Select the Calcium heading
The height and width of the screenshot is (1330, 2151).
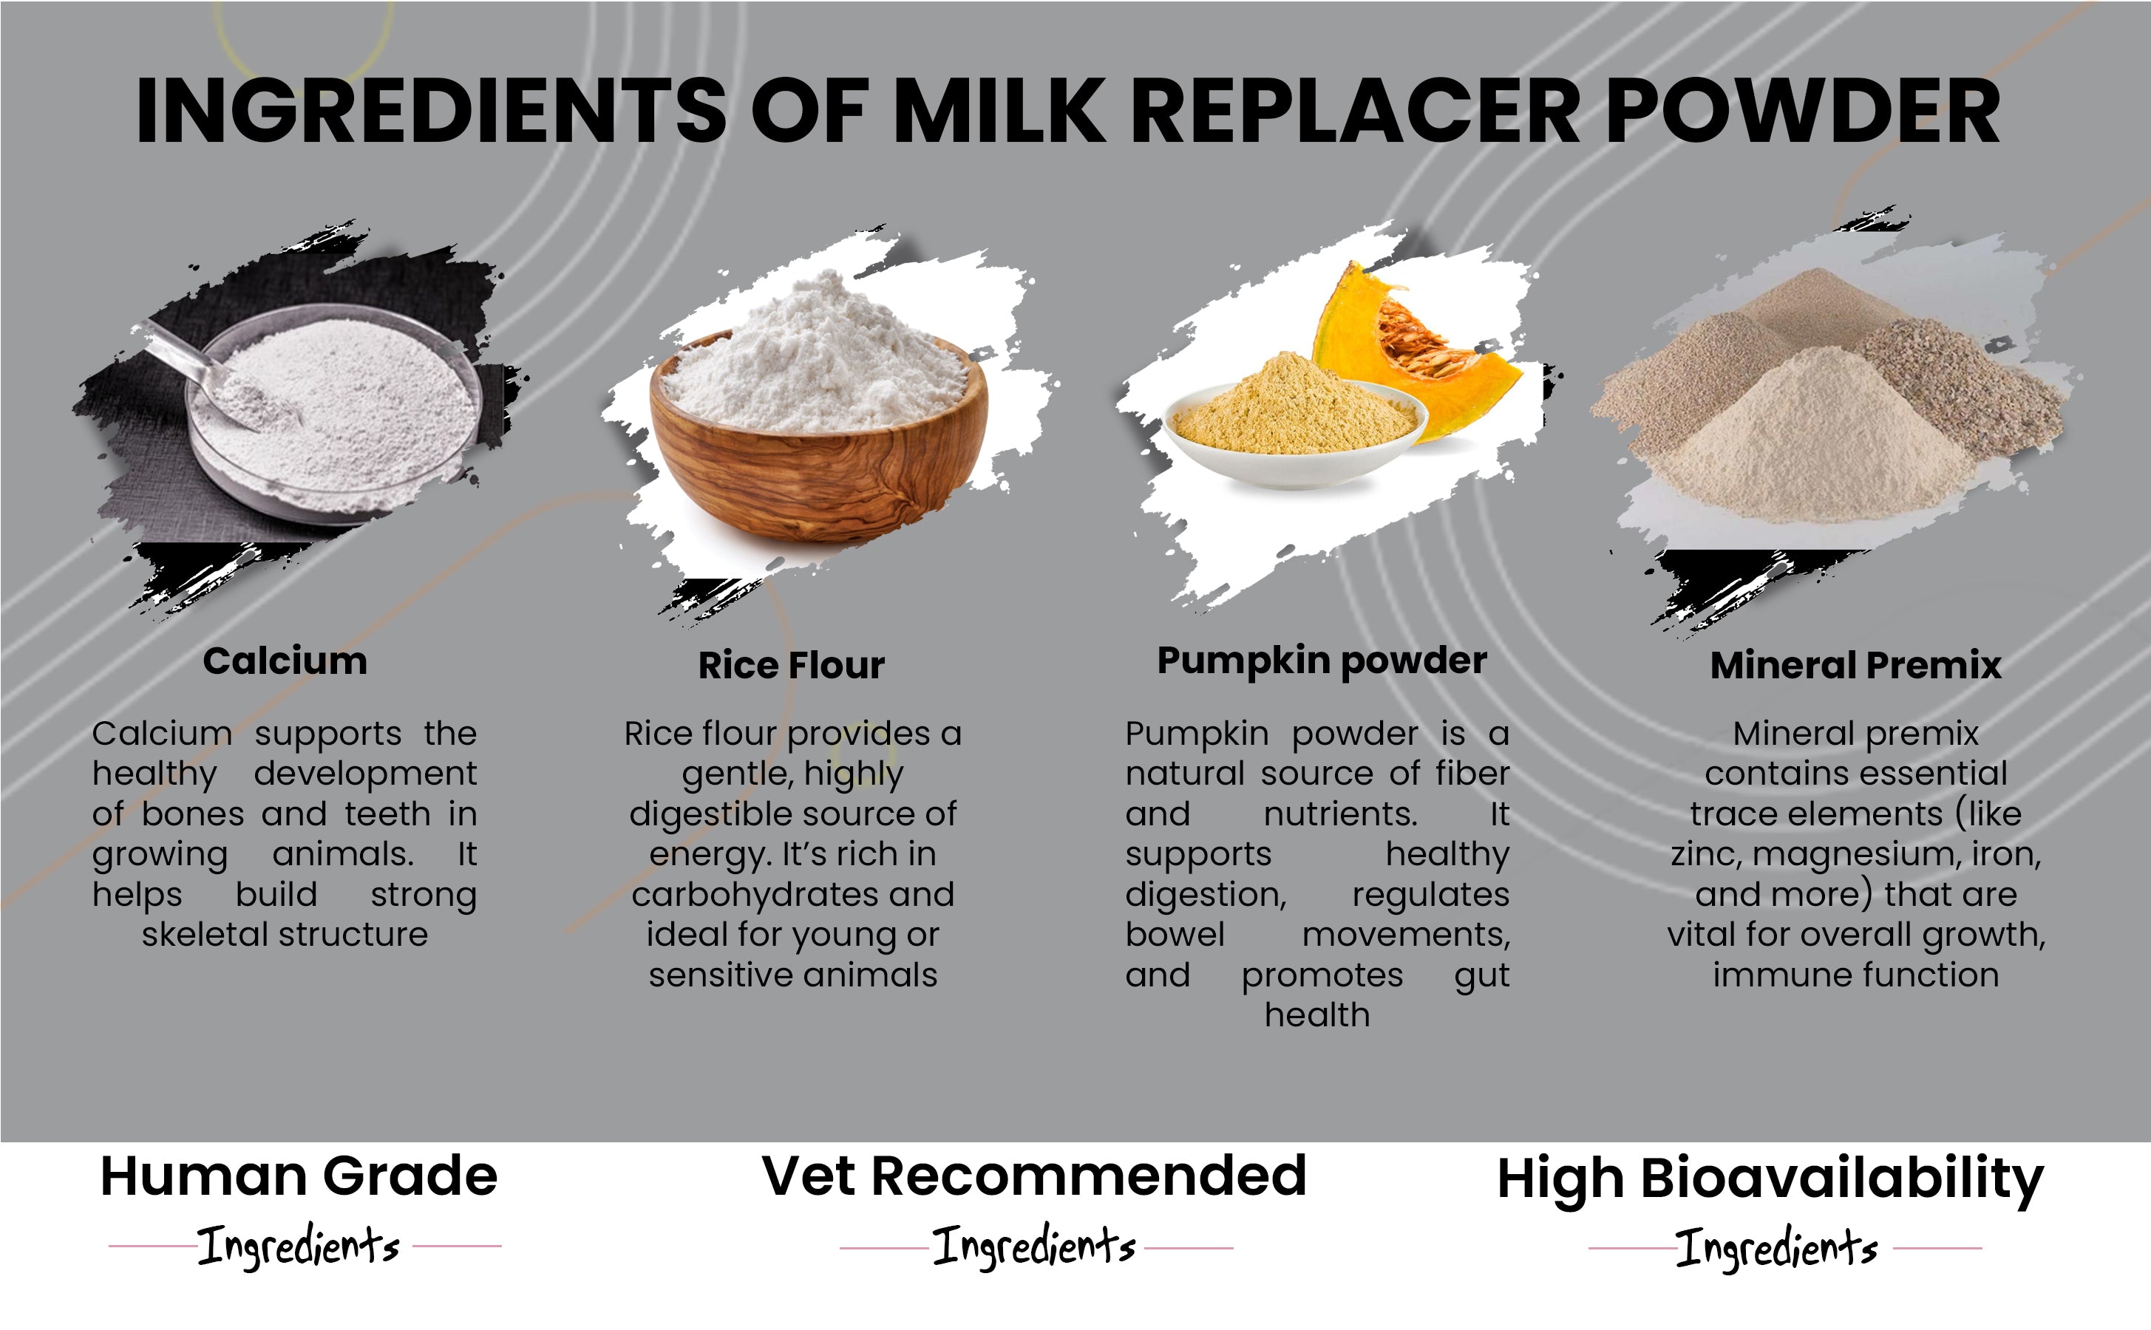pyautogui.click(x=285, y=661)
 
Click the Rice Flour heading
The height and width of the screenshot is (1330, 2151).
pyautogui.click(x=791, y=665)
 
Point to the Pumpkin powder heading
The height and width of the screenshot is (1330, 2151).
pyautogui.click(x=1322, y=661)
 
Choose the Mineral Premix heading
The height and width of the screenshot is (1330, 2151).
pyautogui.click(x=1855, y=665)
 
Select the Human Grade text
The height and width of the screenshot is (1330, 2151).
pyautogui.click(x=299, y=1177)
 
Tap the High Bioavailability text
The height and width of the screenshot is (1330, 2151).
pyautogui.click(x=1770, y=1181)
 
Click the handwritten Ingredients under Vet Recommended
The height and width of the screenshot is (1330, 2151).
pyautogui.click(x=1035, y=1247)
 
